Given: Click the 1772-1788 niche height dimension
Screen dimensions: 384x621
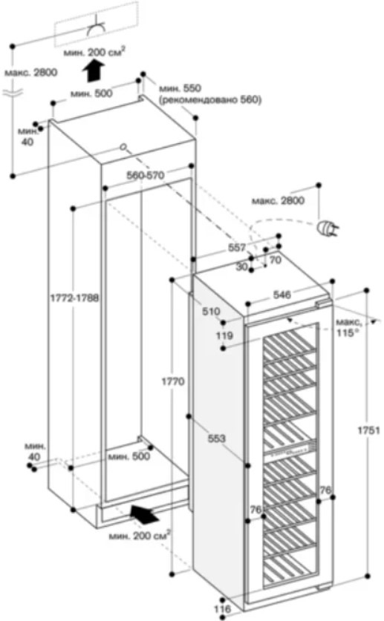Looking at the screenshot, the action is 74,298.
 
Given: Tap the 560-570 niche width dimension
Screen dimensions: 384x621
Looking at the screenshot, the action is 145,175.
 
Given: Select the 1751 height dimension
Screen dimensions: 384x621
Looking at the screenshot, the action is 369,430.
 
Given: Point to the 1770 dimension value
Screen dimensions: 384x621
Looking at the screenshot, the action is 173,381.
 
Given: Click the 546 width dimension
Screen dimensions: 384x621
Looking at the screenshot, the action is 282,295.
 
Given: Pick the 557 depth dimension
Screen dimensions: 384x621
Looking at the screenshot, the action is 237,248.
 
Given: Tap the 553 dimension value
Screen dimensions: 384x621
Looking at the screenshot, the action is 217,438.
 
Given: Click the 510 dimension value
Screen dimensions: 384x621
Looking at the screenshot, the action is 211,312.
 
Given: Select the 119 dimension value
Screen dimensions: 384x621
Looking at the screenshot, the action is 224,336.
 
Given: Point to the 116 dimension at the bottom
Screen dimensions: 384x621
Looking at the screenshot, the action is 222,609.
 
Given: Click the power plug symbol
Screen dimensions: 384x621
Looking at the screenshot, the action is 328,229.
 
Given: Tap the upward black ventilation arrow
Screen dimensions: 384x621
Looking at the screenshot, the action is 94,70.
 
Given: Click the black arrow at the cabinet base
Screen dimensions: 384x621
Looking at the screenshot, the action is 146,514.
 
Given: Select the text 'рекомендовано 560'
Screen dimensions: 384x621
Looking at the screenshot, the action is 210,100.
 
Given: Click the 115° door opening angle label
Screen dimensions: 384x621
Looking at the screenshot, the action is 345,333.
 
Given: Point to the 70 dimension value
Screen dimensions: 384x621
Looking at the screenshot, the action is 275,260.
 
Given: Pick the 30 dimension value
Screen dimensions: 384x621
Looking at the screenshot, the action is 241,267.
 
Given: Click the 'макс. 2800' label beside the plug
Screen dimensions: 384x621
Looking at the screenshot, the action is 279,200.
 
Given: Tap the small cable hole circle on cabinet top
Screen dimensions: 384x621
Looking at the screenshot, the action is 124,148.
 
